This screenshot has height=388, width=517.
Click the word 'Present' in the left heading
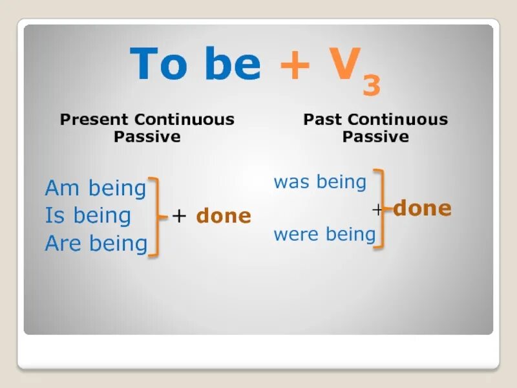94,120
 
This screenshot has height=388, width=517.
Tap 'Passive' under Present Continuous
147,136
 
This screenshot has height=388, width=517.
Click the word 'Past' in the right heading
322,120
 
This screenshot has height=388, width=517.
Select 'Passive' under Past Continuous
375,136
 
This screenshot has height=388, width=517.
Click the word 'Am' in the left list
63,188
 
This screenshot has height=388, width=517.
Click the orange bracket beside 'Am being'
156,216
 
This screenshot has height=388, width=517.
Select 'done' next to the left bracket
224,216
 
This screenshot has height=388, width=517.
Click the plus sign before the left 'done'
180,217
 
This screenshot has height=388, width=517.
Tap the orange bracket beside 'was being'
381,208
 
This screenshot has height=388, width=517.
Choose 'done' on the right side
422,208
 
